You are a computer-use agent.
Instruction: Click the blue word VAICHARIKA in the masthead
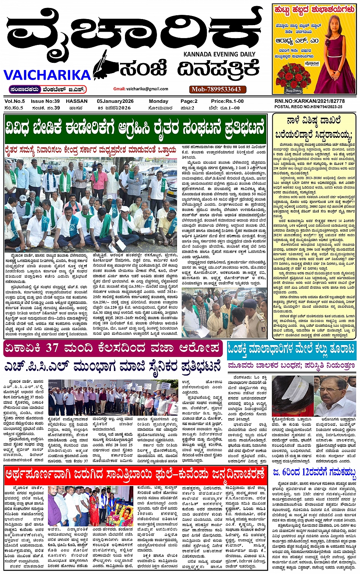pos(47,74)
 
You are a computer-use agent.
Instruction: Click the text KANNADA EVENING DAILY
pos(219,54)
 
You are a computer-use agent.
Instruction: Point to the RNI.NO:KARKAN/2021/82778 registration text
pos(309,101)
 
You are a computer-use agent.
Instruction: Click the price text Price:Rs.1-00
pos(227,101)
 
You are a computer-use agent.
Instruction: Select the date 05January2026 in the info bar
pos(115,101)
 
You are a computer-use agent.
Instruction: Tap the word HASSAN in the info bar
pos(77,101)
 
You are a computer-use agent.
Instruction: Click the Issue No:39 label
pos(45,101)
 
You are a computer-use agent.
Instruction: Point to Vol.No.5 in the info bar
pos(15,101)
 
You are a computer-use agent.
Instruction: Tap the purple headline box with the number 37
pos(113,348)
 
